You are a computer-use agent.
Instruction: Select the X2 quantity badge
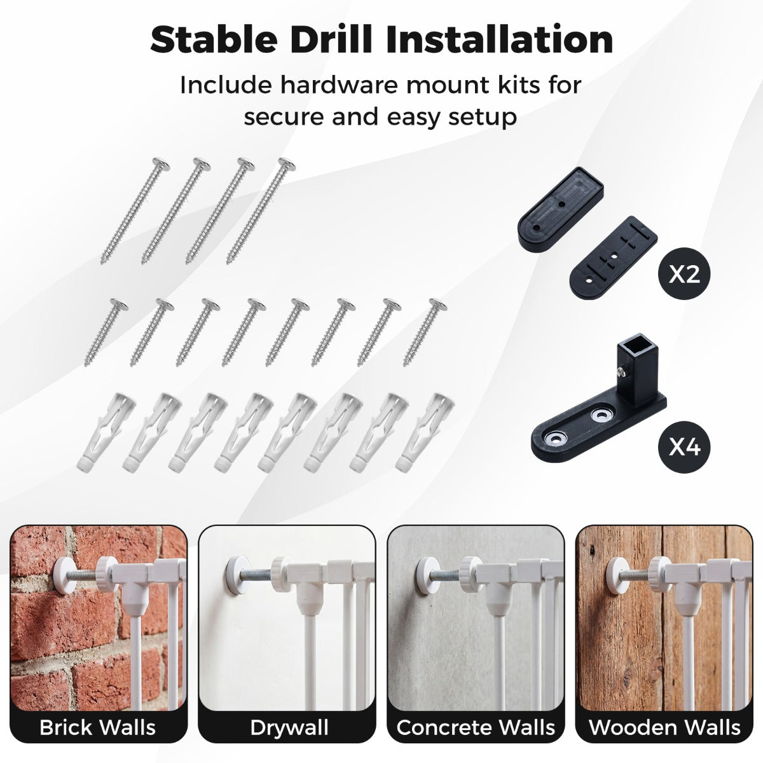tap(684, 275)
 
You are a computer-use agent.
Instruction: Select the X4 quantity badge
tap(684, 448)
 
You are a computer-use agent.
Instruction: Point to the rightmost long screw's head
tap(287, 165)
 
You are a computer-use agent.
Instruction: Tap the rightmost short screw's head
tap(438, 305)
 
